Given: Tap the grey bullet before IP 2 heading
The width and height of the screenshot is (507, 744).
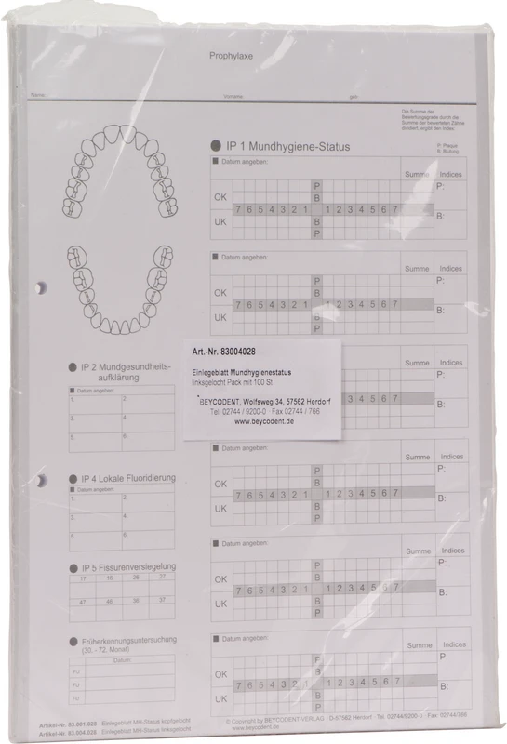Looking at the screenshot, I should coord(73,368).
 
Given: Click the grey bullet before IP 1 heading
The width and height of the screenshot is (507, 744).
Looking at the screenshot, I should coord(216,146).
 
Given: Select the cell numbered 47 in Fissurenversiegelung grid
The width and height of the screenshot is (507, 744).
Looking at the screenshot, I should coord(84,603).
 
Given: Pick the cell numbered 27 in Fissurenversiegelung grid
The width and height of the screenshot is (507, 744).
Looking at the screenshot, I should coord(162,578).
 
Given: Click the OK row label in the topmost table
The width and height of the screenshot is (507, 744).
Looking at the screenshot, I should coord(220,197).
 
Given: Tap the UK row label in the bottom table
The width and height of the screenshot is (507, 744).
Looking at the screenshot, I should coord(220,698).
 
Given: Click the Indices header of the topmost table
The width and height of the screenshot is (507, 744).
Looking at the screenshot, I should coord(451,174).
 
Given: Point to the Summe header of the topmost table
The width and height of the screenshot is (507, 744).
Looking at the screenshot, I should coord(417,174).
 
